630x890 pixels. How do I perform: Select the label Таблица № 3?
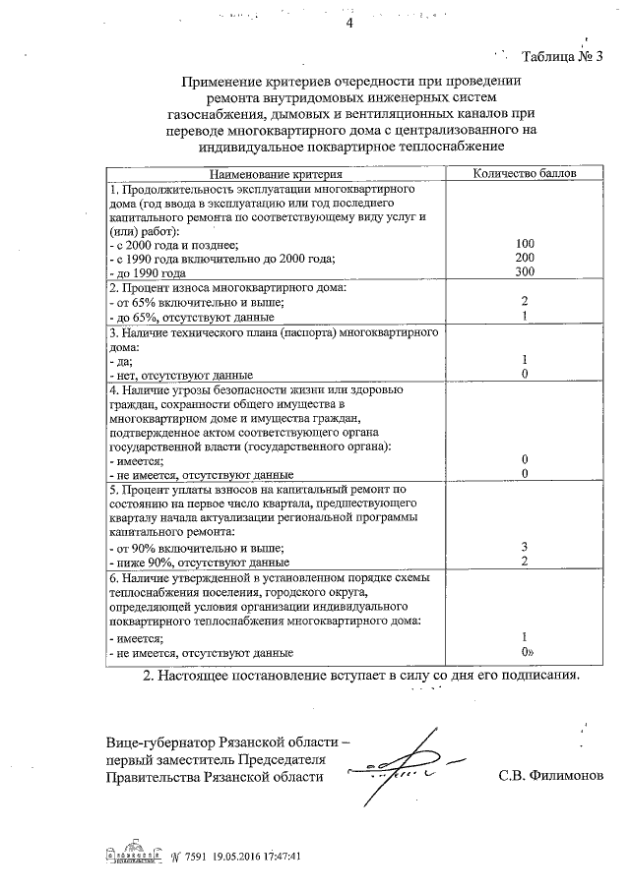coord(562,55)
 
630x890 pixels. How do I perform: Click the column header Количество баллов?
coord(525,173)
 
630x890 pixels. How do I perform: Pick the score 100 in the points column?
coord(525,244)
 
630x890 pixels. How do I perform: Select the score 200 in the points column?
coord(525,258)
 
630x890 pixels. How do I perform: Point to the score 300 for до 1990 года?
coord(525,271)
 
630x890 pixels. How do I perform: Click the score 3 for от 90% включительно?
coord(526,547)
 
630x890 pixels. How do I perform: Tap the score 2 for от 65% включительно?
coord(526,302)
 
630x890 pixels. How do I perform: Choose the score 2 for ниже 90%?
coord(526,561)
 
